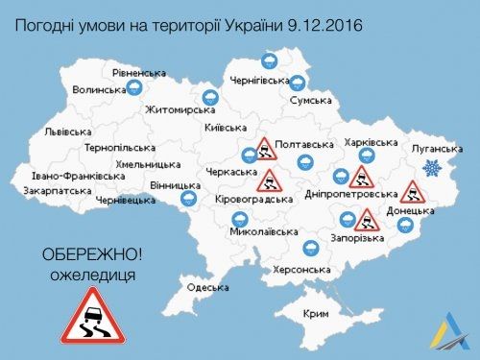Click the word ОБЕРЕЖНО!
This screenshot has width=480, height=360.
(x=91, y=256)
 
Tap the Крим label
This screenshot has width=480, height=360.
(x=315, y=314)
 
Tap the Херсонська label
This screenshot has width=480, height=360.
(x=303, y=270)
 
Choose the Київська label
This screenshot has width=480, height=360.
(x=227, y=128)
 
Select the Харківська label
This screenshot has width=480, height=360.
(x=370, y=142)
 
